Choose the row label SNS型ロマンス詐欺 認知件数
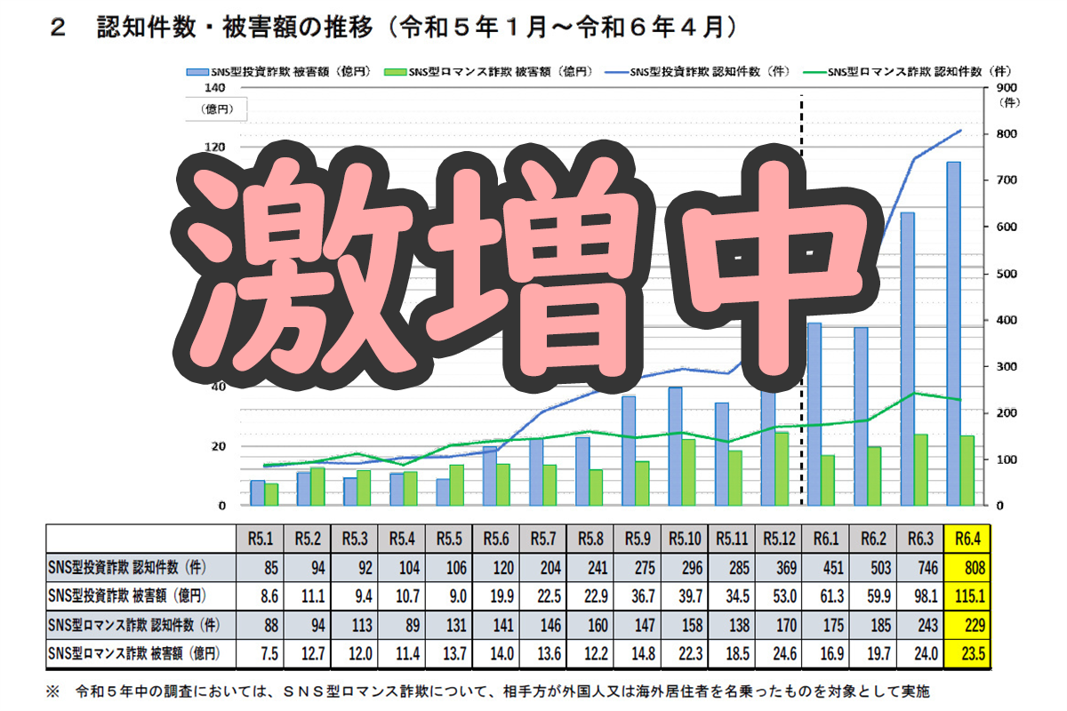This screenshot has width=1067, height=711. pos(134,626)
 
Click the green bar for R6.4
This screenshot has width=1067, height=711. pos(967,470)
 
